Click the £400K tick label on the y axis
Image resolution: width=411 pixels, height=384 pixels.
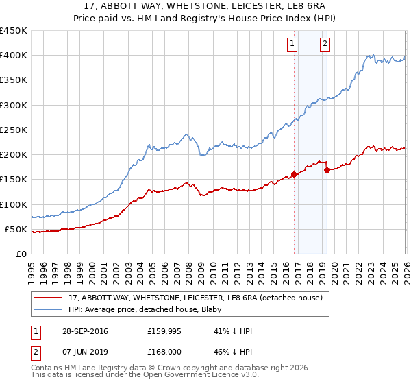(x=13, y=56)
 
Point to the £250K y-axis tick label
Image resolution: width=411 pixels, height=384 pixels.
(x=13, y=130)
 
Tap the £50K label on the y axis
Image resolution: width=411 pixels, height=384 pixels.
(x=16, y=229)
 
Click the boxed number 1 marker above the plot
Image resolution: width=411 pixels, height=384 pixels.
(x=292, y=45)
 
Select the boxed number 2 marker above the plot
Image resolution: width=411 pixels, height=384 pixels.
(x=324, y=45)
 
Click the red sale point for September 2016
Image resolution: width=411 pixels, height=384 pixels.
(x=294, y=174)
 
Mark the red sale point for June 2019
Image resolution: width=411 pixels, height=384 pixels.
(x=327, y=170)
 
